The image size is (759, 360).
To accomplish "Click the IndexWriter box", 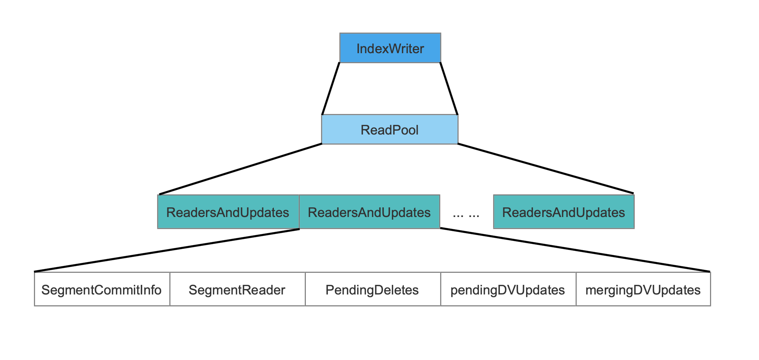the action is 390,48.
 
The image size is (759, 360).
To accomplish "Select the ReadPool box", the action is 390,130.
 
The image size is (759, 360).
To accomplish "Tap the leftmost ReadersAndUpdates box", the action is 228,212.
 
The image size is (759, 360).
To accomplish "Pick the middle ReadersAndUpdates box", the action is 369,212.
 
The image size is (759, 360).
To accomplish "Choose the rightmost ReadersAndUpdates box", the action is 564,212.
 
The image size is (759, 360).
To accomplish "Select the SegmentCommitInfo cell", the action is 102,289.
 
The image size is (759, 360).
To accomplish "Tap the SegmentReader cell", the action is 238,289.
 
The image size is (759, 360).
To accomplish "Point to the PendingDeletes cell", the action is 373,289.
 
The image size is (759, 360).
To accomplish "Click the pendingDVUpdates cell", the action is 508,289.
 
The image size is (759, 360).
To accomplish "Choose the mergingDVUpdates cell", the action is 643,289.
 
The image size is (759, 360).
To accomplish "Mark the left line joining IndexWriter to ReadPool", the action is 331,89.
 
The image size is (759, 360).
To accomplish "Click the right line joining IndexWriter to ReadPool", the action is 449,89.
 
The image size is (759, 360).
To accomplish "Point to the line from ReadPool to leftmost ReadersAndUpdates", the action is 240,169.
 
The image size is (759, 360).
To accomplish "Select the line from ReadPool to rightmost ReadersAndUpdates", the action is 546,168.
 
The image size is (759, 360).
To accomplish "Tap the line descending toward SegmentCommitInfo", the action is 167,251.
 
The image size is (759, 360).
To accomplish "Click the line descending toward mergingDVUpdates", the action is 575,250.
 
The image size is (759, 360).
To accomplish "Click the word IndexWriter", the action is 390,49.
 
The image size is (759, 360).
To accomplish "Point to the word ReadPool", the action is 390,130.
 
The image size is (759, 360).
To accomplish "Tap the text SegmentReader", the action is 237,290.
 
